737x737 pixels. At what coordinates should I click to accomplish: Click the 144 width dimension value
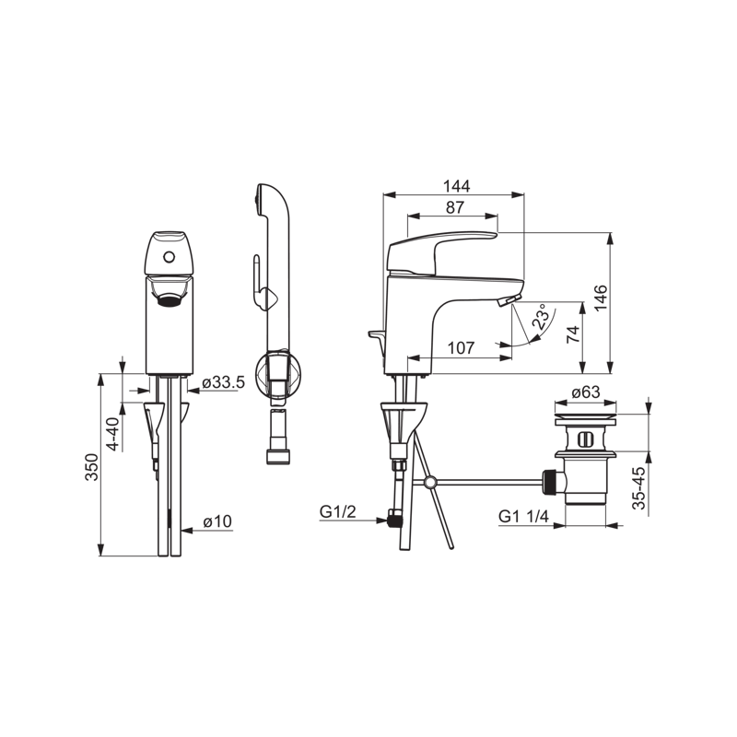pos(456,186)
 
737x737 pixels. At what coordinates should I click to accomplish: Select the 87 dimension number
pos(454,207)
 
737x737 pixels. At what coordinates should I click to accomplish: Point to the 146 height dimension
pos(601,298)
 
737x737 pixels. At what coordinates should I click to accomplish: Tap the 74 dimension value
pos(573,334)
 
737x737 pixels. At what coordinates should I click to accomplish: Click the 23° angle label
pos(541,316)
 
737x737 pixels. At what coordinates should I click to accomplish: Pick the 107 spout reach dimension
pos(461,348)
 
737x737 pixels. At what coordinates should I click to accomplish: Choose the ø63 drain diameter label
pos(586,392)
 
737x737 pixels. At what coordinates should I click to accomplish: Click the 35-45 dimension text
pos(638,488)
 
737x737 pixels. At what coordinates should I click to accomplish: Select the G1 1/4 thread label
pos(523,517)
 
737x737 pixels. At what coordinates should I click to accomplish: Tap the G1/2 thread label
pos(337,511)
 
